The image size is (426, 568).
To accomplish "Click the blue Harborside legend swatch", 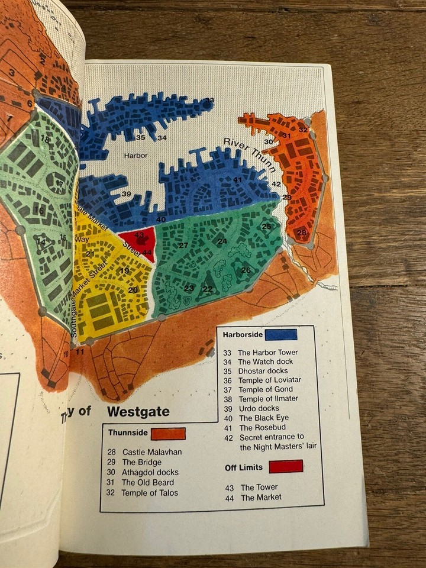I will pos(280,335).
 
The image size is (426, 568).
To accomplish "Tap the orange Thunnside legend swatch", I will pos(168,434).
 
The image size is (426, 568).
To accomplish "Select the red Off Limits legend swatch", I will pos(286,467).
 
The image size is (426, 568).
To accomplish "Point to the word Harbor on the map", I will pos(135,156).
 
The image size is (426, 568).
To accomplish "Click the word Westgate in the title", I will pos(138,412).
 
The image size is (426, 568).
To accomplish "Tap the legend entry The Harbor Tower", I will pos(260,353).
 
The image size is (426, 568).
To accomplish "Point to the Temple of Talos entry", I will pos(149,493).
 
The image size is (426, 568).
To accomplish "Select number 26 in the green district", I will pos(246,270).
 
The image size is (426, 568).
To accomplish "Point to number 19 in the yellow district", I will pos(124,271).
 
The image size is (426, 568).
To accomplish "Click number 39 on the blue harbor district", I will pos(125,194).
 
